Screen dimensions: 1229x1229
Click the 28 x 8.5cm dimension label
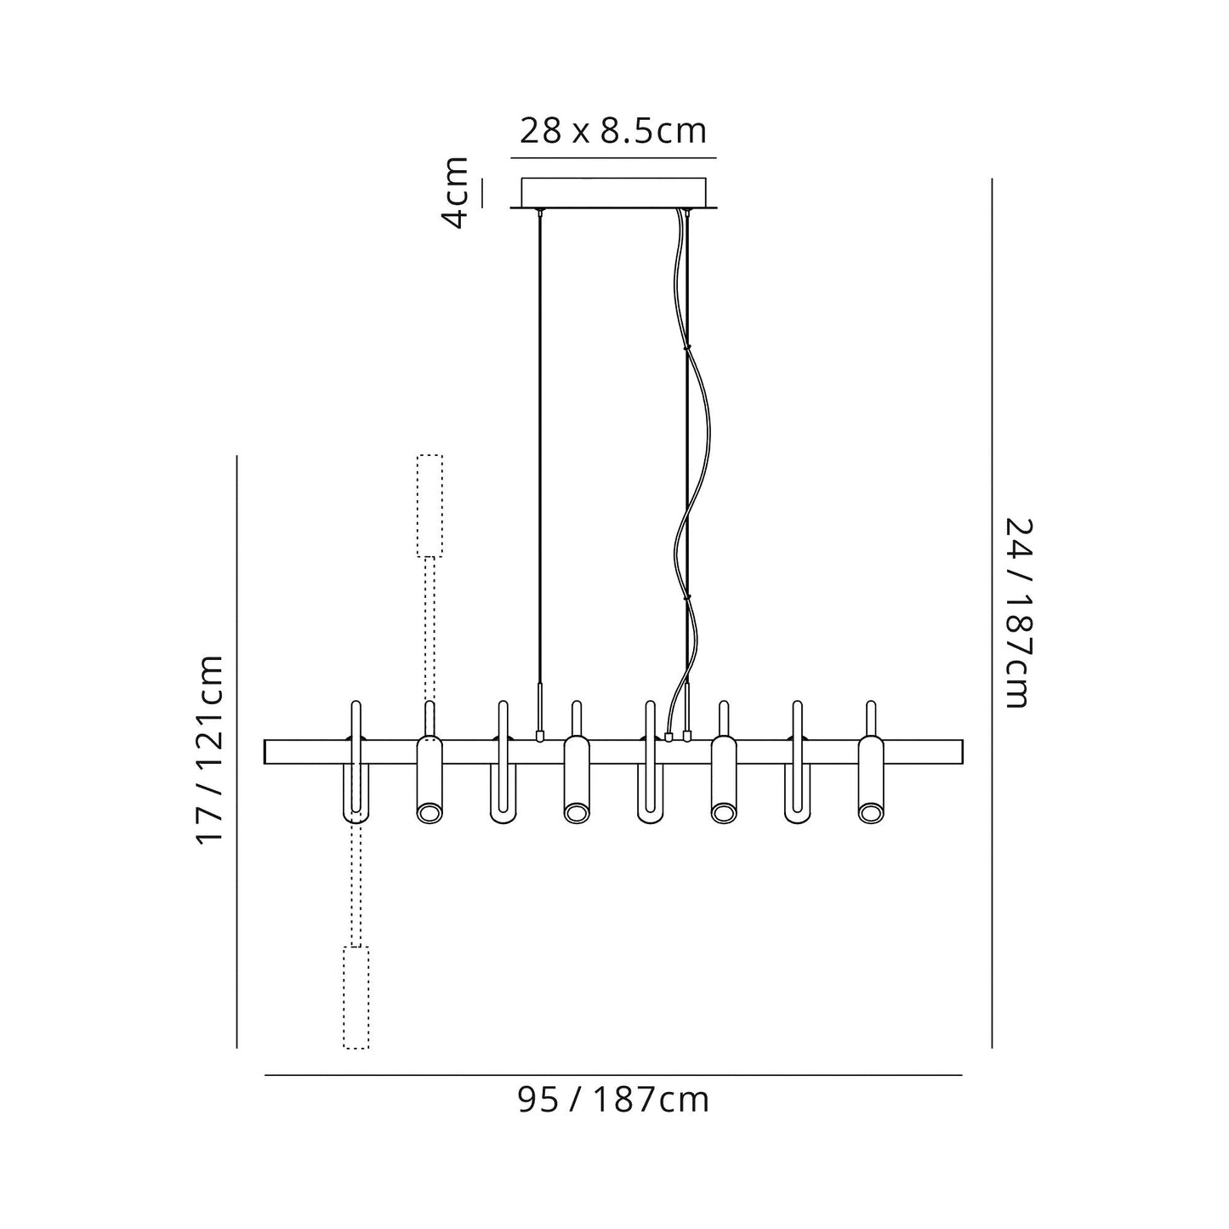(x=613, y=132)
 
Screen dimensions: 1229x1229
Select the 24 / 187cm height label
(x=1017, y=612)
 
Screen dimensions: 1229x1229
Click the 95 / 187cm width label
(x=613, y=1101)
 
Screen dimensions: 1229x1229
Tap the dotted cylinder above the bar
(x=430, y=505)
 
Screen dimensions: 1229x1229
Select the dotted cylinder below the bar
(x=356, y=997)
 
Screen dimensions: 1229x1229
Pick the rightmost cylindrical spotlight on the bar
(x=870, y=778)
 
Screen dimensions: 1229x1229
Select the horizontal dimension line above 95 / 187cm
(x=613, y=1076)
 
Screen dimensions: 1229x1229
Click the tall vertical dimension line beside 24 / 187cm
(x=992, y=612)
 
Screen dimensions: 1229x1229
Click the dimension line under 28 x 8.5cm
(x=613, y=158)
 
